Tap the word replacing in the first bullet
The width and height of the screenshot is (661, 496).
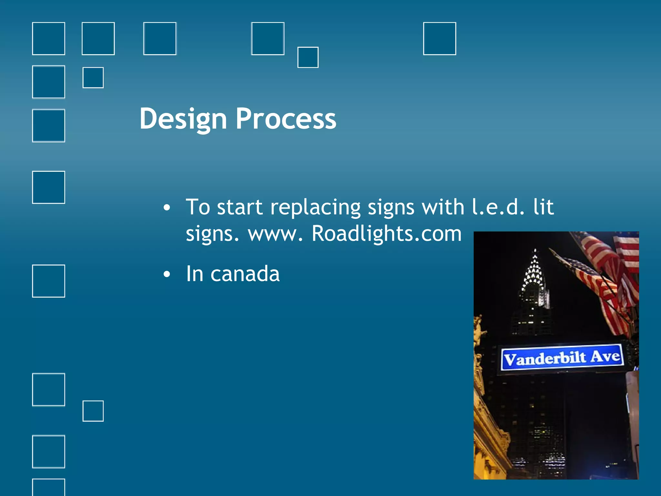click(315, 207)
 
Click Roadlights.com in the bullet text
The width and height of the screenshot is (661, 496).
click(386, 233)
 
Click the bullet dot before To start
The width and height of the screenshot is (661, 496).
click(167, 208)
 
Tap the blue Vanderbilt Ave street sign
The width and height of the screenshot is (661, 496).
click(562, 358)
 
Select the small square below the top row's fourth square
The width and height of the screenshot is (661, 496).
click(308, 57)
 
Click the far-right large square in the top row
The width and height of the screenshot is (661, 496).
click(439, 39)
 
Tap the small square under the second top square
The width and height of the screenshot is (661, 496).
click(93, 77)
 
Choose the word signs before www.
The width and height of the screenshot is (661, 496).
click(212, 233)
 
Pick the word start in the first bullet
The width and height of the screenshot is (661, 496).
click(239, 207)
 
